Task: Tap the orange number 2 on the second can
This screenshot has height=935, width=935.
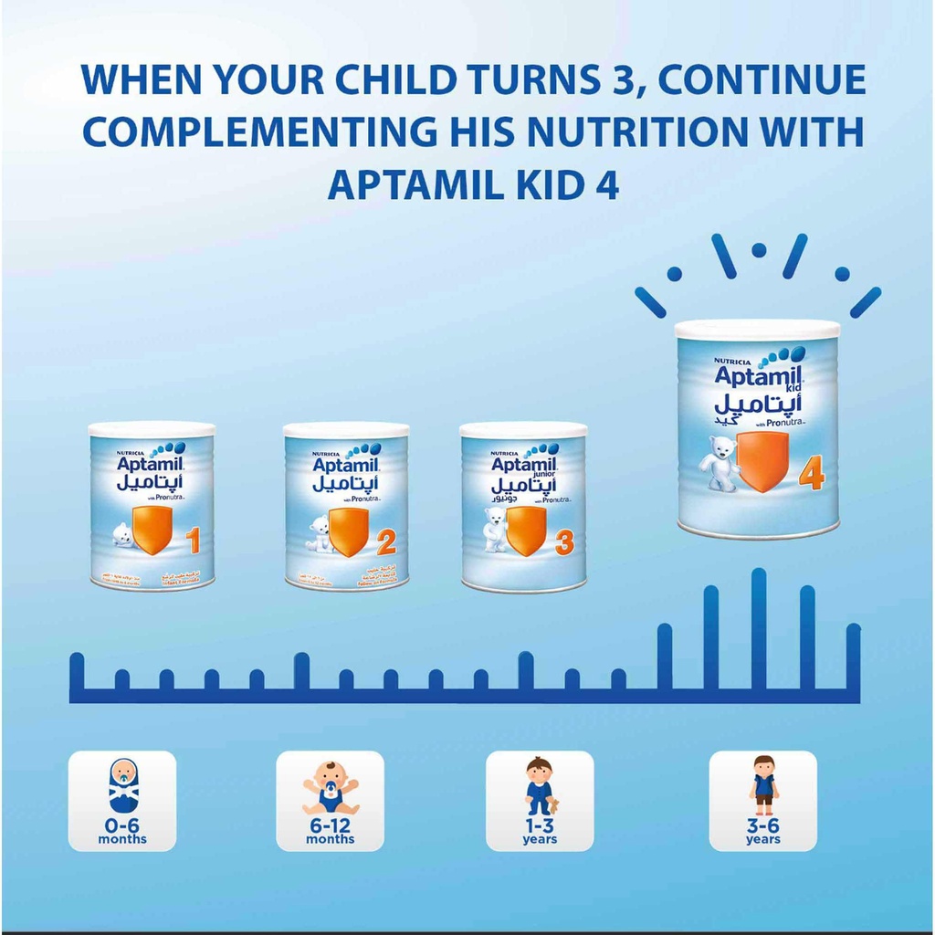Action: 386,544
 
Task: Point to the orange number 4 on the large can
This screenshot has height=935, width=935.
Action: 811,474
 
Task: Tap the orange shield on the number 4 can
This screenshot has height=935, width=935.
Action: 762,461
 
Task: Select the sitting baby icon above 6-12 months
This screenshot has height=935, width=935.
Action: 330,787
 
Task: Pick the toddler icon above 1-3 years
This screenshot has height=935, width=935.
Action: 540,786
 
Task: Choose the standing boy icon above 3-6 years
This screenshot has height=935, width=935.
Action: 763,785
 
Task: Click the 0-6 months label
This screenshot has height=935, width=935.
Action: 122,833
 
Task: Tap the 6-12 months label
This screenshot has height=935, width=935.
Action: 330,833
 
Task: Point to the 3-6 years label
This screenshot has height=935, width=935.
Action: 763,833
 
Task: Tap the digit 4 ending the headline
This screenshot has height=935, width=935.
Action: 606,184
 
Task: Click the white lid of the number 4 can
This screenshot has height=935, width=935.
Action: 757,330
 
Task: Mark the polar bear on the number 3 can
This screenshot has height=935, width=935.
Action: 494,530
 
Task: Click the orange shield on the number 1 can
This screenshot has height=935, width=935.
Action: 152,530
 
